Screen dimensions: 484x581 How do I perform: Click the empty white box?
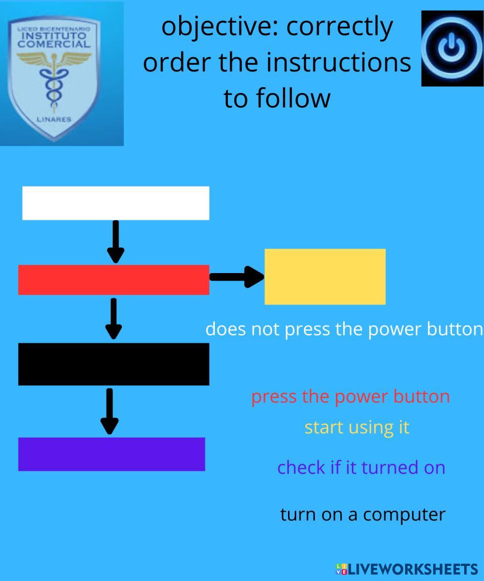(116, 203)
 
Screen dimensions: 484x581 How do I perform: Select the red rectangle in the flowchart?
(114, 280)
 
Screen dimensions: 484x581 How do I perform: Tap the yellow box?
(325, 276)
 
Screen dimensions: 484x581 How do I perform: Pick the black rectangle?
(114, 364)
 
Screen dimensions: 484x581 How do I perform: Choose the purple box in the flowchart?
(112, 454)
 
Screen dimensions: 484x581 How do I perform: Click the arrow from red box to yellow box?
(237, 276)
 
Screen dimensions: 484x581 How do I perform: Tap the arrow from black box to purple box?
(110, 411)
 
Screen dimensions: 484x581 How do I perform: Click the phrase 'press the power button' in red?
(350, 397)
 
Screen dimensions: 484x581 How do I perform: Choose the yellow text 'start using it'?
(357, 428)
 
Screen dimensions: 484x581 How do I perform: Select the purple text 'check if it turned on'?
(361, 468)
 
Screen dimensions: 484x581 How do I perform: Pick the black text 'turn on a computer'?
(363, 514)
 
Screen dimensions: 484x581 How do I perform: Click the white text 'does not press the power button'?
(344, 329)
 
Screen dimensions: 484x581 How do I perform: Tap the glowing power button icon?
(452, 48)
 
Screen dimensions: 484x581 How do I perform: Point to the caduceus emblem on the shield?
(53, 80)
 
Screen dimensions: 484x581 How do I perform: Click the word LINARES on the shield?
(54, 120)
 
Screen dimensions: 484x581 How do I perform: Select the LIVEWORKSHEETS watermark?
(407, 569)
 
